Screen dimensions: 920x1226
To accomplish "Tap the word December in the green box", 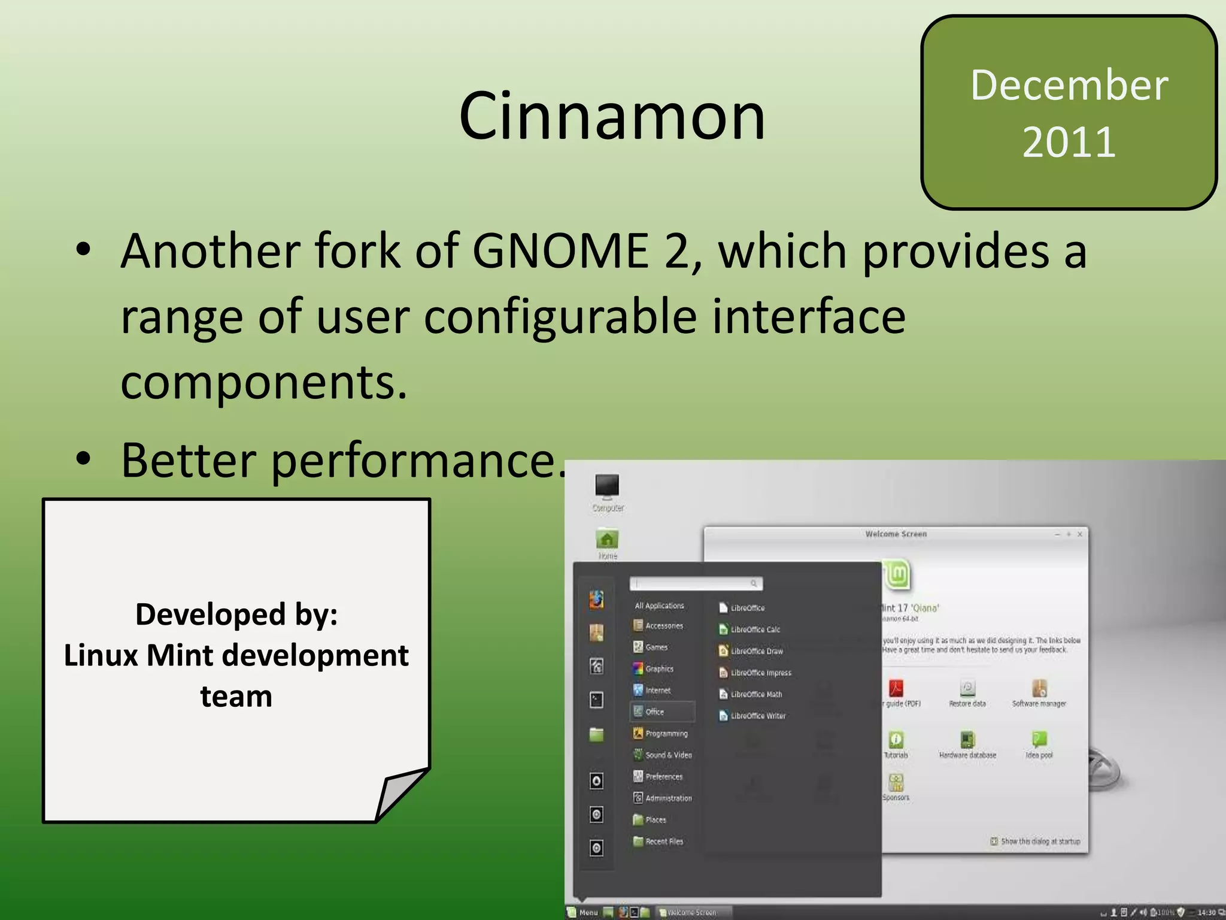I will tap(1069, 85).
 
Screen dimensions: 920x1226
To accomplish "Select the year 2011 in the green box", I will tap(1069, 143).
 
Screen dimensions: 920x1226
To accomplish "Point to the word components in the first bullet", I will tap(263, 382).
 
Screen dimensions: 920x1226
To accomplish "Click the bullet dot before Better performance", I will tap(83, 459).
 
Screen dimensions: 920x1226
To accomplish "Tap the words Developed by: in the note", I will tap(236, 615).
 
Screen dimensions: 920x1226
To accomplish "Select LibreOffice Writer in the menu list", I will tap(757, 716).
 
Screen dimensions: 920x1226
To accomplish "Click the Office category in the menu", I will tap(654, 712).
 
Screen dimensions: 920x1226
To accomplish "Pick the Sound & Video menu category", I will tap(668, 755).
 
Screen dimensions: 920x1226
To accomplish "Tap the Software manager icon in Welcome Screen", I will tap(1039, 689).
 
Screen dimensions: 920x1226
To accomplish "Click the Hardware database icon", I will tap(967, 740).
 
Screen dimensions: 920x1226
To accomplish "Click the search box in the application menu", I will tap(694, 583).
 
